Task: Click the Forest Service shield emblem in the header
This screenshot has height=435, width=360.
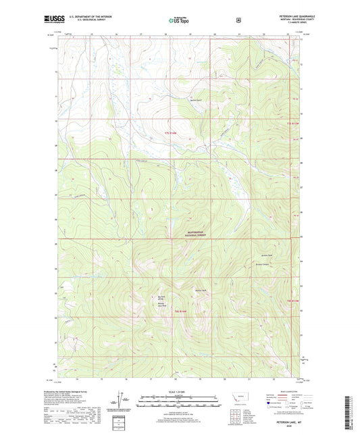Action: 238,20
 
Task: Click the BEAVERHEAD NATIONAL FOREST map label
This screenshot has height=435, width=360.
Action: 195,233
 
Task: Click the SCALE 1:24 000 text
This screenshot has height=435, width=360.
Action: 179,391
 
